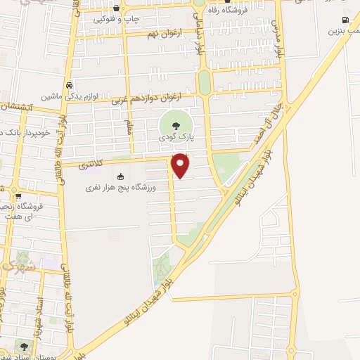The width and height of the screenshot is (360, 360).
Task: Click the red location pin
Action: point(181,164)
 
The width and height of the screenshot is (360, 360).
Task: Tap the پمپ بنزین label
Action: point(343,31)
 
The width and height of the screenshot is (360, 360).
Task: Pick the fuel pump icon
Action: point(344,20)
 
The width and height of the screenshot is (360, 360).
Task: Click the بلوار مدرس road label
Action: point(278,39)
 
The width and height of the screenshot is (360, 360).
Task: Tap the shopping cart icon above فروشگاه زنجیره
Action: point(19,196)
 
